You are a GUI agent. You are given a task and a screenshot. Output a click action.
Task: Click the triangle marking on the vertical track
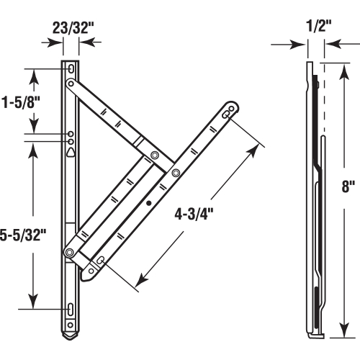click(70, 152)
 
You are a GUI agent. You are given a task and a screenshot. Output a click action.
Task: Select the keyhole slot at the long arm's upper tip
click(228, 112)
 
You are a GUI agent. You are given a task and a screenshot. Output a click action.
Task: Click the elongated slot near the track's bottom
click(71, 310)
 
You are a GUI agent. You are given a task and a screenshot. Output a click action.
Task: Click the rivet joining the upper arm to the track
click(71, 84)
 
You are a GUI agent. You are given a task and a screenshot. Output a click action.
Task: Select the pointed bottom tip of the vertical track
click(70, 337)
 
